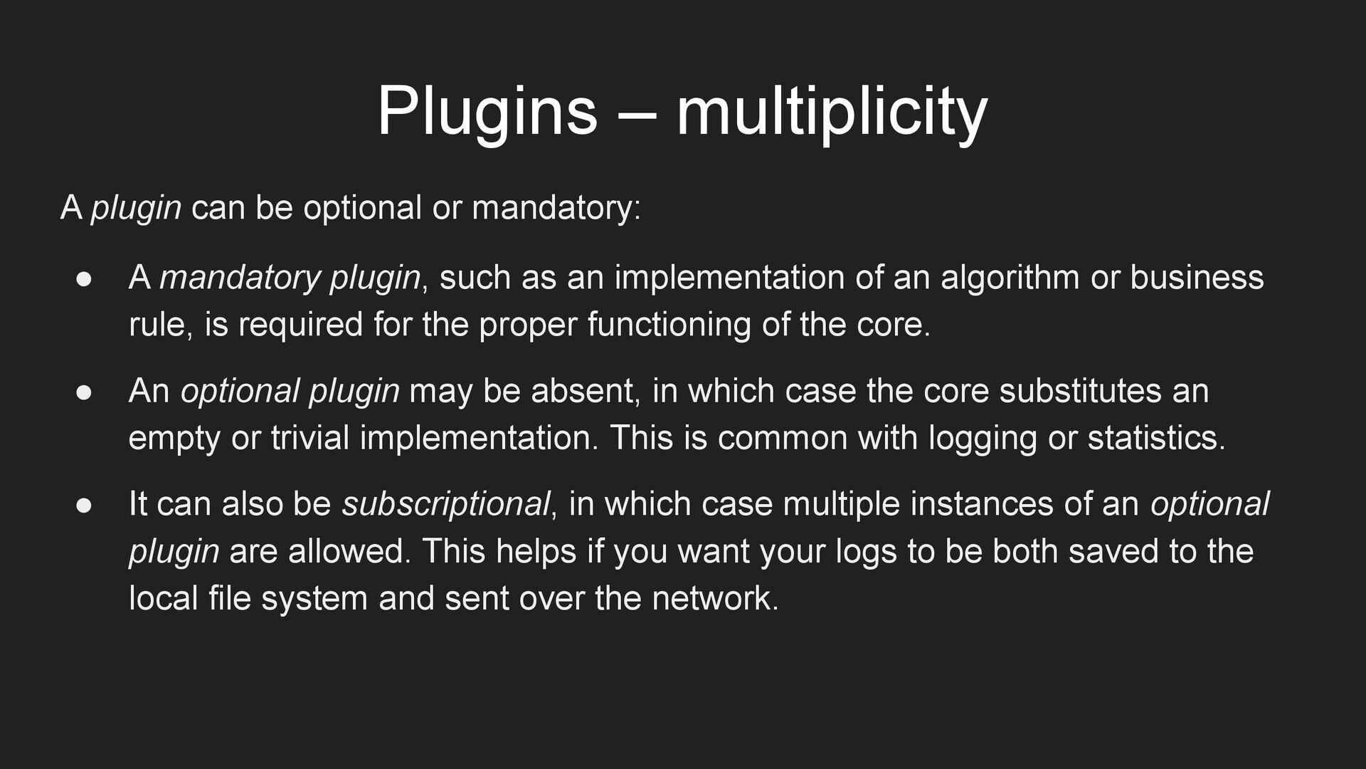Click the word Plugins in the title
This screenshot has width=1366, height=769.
tap(487, 112)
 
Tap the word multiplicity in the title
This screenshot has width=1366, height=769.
tap(831, 112)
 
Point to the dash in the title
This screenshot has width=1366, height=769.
tap(636, 114)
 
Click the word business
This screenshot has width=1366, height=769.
tap(1197, 278)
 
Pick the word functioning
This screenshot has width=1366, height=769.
tap(669, 325)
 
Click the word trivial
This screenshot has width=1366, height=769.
tap(310, 437)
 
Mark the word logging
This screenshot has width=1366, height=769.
tap(983, 438)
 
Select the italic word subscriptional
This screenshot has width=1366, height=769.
tap(446, 504)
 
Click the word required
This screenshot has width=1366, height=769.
tap(300, 325)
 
